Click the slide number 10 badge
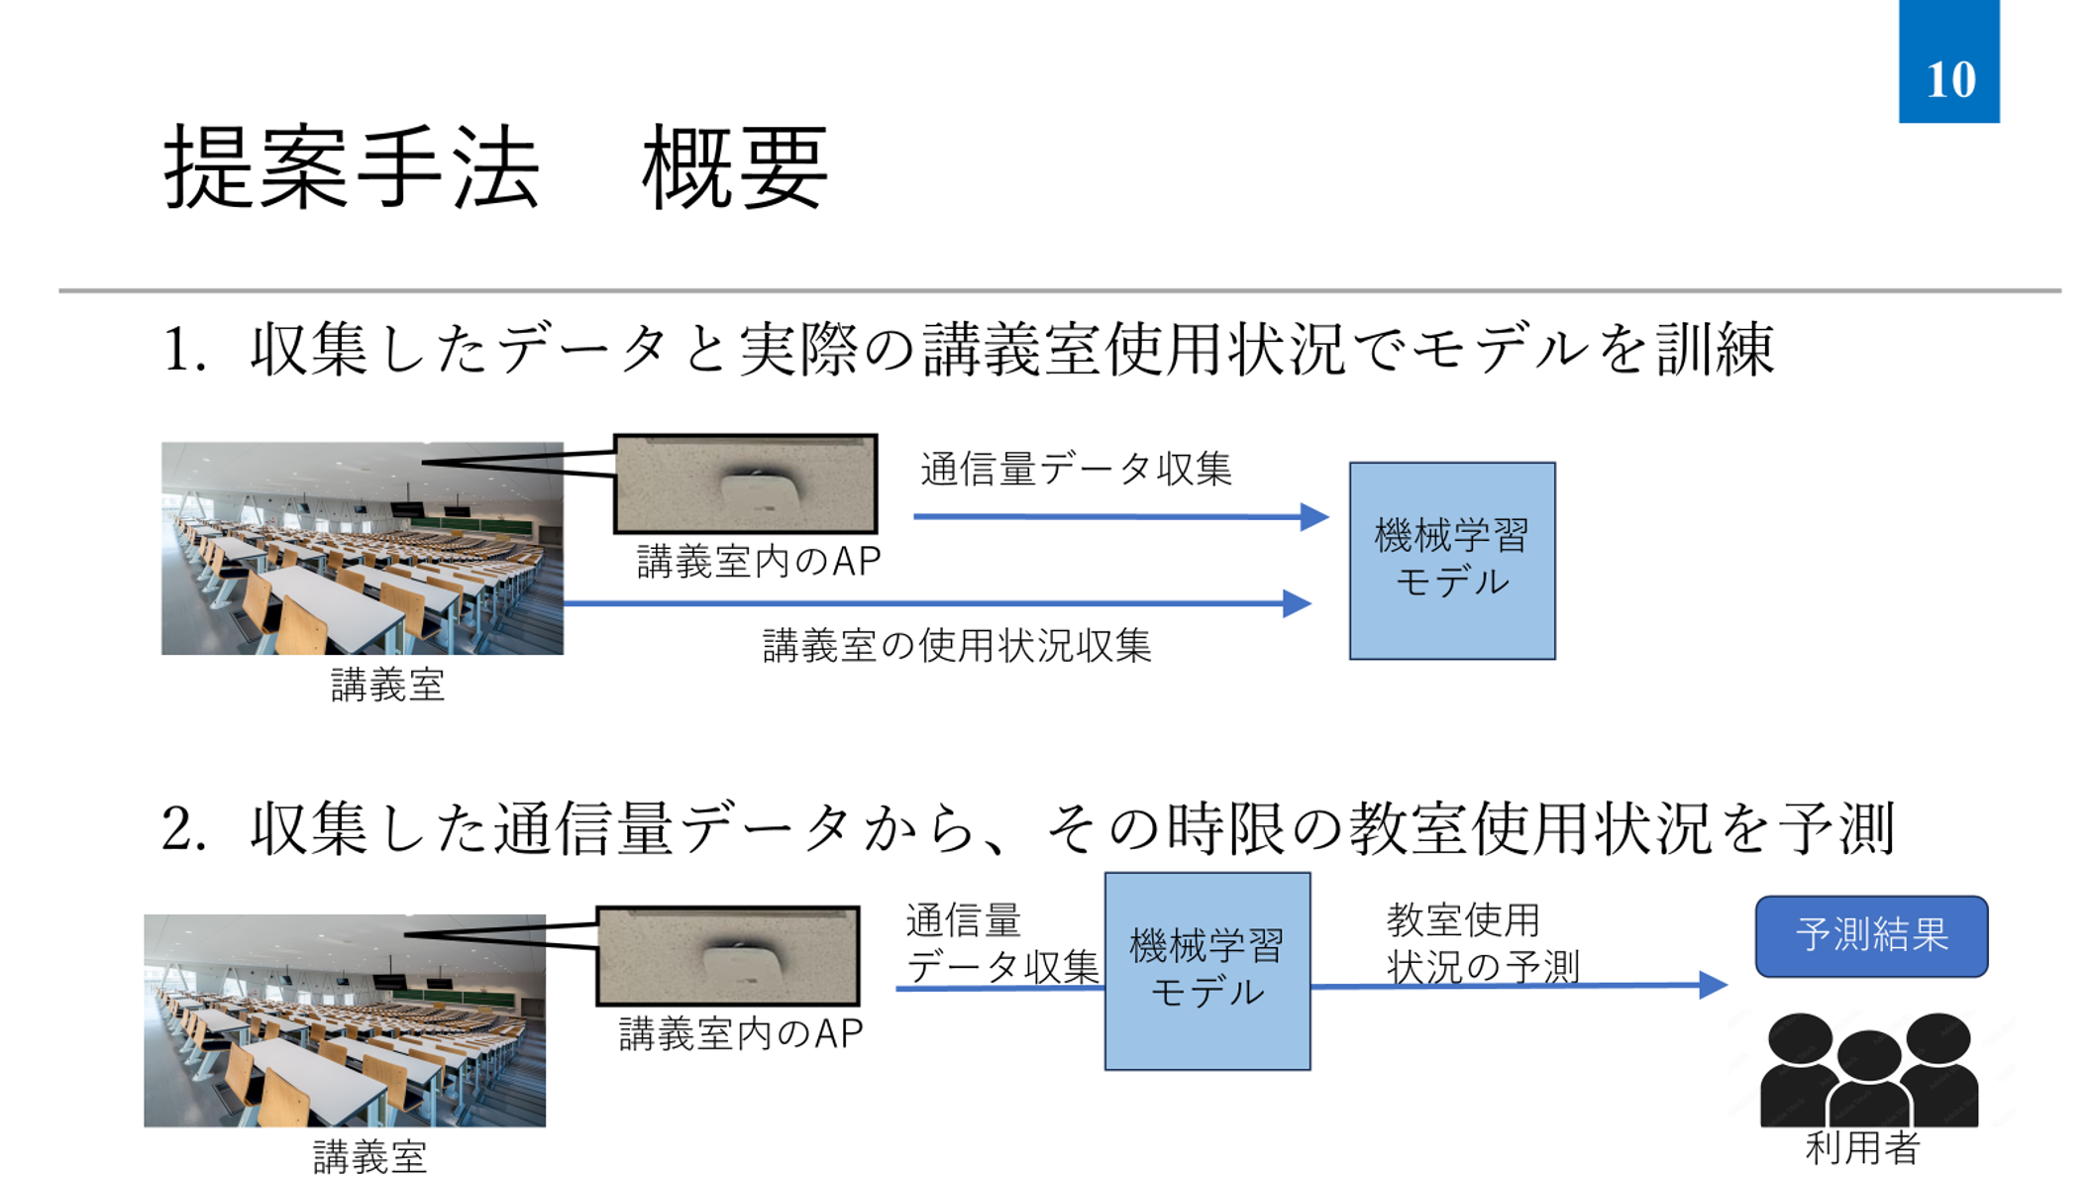point(1947,63)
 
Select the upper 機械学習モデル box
point(1451,560)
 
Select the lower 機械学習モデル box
point(1206,970)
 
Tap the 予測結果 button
point(1870,936)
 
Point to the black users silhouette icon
point(1868,1070)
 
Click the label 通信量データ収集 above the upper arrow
point(1076,470)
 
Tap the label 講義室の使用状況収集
point(957,646)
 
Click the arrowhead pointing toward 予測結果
point(1714,985)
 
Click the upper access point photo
point(745,483)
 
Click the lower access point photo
point(727,956)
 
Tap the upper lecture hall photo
point(363,548)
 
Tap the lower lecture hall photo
point(345,1020)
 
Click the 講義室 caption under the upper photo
point(387,686)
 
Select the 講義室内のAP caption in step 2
point(741,1034)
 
